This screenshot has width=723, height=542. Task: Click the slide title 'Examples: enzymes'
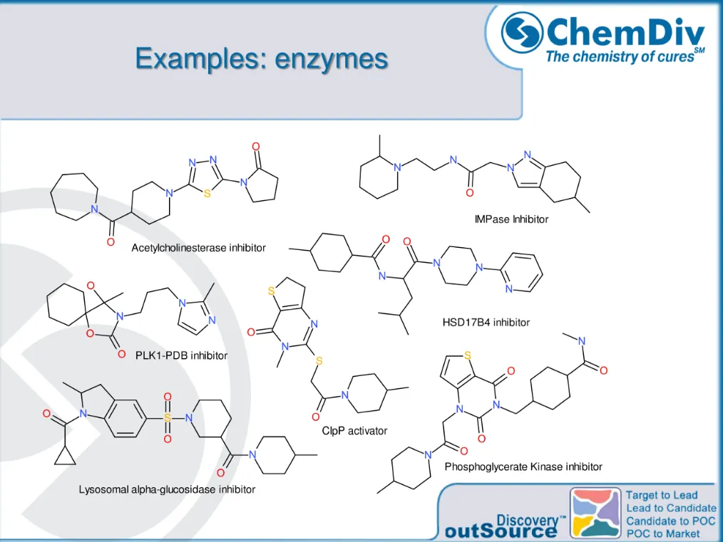coord(262,58)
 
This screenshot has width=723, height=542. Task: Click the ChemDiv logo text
coord(625,32)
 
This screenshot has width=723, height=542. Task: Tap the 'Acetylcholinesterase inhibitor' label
coord(198,248)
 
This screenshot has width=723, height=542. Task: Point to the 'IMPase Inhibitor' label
coord(511,219)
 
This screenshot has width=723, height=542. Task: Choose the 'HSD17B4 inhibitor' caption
coord(486,323)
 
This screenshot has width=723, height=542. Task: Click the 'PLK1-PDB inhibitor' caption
coord(182,355)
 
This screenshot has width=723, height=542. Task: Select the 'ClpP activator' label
coord(354,431)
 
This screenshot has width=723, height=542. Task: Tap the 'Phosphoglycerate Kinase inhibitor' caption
coord(523,467)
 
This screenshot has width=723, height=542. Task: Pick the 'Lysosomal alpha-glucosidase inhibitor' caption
coord(167,489)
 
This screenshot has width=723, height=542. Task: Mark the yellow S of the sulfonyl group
coord(168,418)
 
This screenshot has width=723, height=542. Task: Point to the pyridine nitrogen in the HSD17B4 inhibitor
coord(508,289)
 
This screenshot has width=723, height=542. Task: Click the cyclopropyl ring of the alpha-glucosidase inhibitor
coord(65,453)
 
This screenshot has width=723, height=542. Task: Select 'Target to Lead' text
coord(662,495)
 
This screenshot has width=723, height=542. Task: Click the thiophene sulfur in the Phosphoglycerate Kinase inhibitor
coord(468,355)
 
